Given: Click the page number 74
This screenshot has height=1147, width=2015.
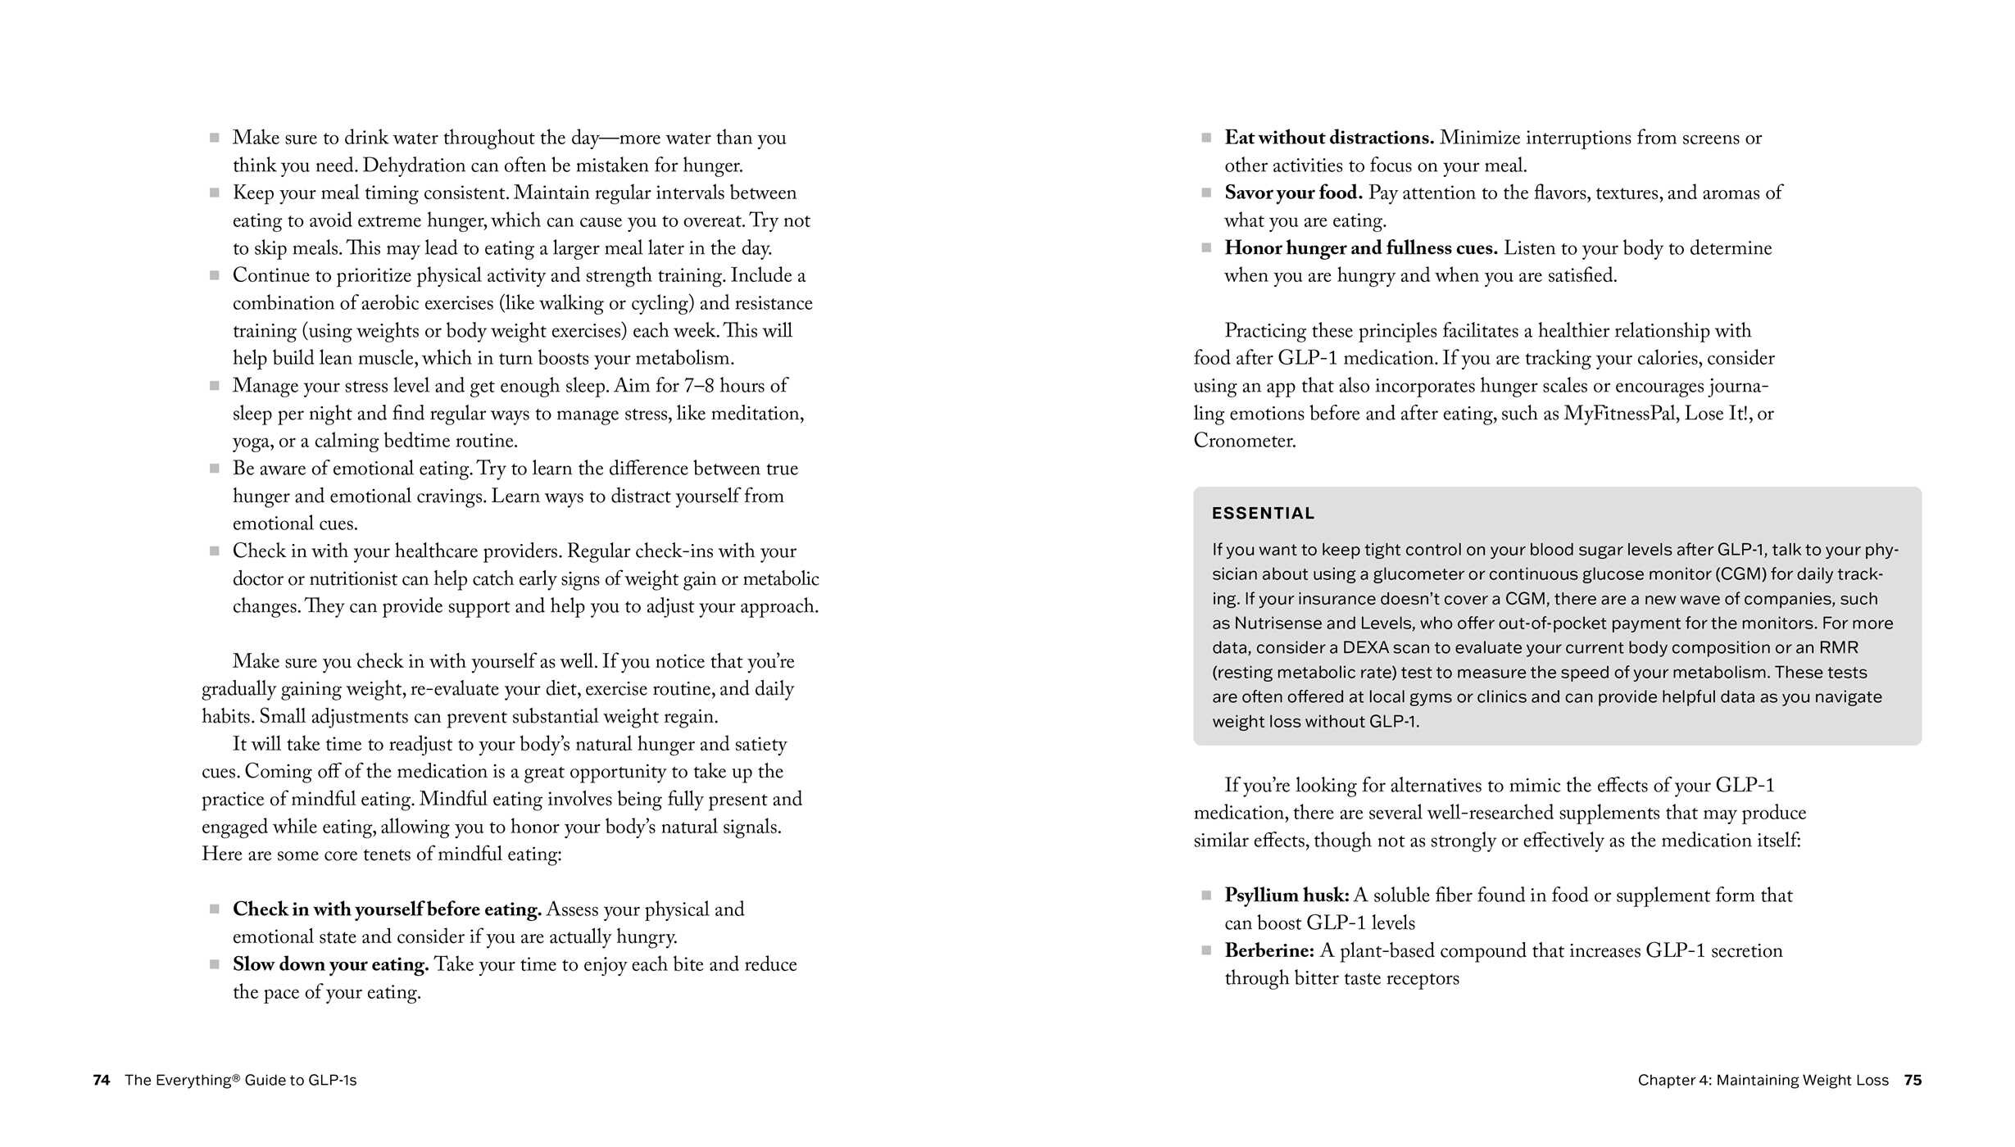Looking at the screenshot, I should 101,1080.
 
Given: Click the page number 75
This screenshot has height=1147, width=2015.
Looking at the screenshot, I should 1913,1080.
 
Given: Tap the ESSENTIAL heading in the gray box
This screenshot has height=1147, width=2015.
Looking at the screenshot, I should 1263,514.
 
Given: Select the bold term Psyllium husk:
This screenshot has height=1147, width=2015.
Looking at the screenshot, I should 1287,895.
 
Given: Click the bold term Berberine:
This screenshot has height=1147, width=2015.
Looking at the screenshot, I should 1269,950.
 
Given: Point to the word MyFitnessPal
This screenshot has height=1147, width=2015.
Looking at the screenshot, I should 1620,414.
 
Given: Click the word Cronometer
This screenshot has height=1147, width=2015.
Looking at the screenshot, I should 1244,441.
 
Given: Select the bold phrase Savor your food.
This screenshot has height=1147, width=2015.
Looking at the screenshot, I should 1293,193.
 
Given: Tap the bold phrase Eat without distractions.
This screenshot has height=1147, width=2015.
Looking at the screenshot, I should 1328,138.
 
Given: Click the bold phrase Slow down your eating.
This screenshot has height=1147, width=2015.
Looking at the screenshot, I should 330,964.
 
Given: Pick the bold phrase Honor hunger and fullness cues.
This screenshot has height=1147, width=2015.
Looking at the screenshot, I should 1360,248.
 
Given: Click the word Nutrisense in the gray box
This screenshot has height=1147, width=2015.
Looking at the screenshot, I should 1278,623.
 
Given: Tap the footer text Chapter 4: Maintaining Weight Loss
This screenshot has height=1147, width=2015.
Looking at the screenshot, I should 1763,1080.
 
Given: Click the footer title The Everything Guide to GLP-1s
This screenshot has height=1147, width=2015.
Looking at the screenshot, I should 240,1080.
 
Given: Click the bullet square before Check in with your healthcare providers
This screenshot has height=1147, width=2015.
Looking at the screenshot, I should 215,551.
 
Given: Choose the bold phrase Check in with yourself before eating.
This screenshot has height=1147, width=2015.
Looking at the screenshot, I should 387,909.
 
